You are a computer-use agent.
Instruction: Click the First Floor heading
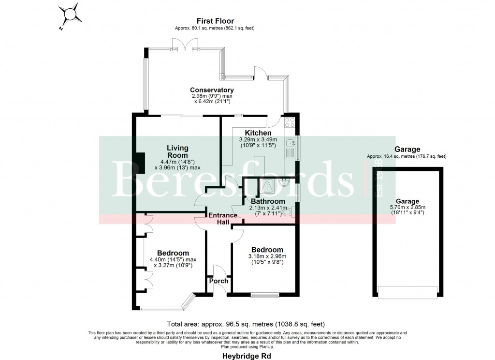[x=215, y=21]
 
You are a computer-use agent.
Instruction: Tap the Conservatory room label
[x=212, y=90]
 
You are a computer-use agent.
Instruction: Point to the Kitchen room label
[x=258, y=133]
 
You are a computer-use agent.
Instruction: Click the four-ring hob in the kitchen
[x=290, y=122]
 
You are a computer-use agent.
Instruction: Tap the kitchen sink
[x=291, y=143]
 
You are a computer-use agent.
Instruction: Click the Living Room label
[x=177, y=151]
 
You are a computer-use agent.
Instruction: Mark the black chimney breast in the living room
[x=140, y=163]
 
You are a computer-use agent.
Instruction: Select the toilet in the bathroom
[x=288, y=211]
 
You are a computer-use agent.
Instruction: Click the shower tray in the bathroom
[x=266, y=185]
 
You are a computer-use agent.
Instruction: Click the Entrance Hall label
[x=223, y=218]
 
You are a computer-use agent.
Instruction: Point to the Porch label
[x=218, y=281]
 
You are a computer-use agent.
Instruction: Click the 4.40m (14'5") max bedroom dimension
[x=173, y=259]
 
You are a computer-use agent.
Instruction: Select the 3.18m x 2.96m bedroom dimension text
[x=267, y=256]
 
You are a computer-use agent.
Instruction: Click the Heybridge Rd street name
[x=247, y=356]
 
